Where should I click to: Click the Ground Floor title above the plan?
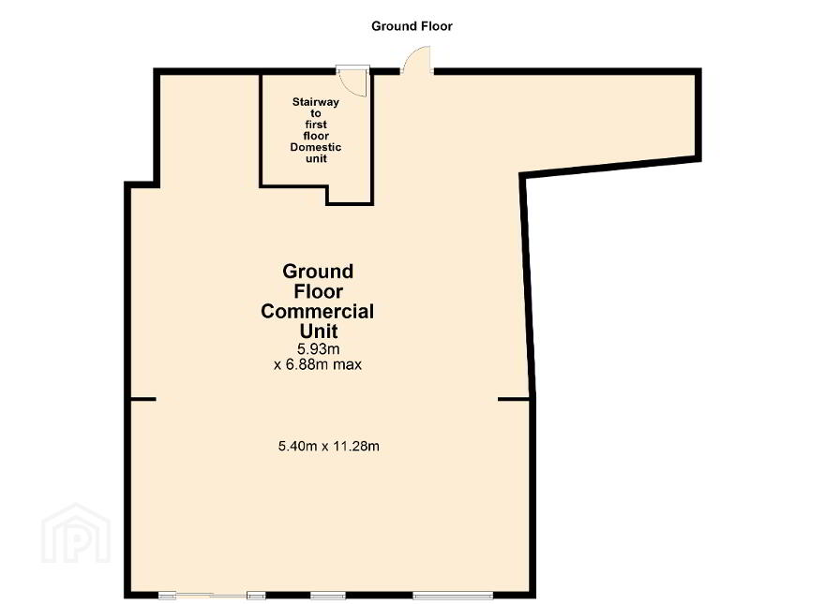point(412,26)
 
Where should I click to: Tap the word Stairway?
point(316,102)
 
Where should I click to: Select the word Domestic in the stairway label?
point(316,147)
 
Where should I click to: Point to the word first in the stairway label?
point(316,125)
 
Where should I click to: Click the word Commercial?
point(317,311)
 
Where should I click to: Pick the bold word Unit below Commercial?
point(319,331)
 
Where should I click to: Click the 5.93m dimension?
point(319,348)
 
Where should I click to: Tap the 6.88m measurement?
point(307,364)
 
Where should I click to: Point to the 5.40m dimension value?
point(297,447)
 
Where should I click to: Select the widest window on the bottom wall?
point(453,596)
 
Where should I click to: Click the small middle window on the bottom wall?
point(328,596)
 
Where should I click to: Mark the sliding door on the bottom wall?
point(212,596)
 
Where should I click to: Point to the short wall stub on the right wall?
point(514,400)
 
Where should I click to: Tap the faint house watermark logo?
point(76,534)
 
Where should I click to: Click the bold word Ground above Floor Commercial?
point(318,272)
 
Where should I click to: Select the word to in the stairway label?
point(316,113)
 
